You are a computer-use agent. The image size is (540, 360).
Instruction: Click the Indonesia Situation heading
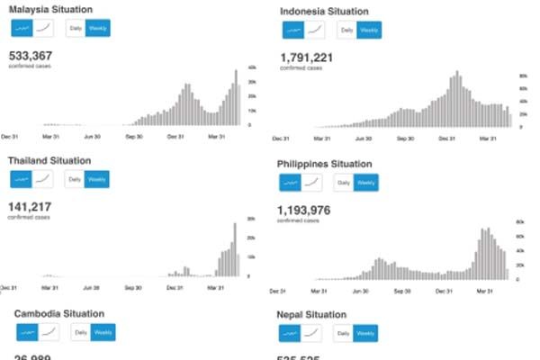click(x=323, y=12)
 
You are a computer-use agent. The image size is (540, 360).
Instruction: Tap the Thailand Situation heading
click(x=49, y=160)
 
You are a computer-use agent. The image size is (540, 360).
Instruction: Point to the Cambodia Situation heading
click(x=59, y=313)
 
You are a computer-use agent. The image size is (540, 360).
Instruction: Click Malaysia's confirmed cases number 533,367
click(x=31, y=55)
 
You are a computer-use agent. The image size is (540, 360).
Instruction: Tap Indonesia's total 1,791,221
click(x=307, y=57)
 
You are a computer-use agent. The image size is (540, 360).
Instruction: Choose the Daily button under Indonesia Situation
click(x=346, y=30)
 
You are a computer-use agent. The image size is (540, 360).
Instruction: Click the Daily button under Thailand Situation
click(x=75, y=179)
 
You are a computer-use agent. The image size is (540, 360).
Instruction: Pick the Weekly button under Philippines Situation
click(x=366, y=183)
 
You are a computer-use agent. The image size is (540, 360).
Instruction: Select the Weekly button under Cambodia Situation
click(x=102, y=332)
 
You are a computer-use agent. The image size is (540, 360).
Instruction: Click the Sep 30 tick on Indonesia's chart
click(x=405, y=139)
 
